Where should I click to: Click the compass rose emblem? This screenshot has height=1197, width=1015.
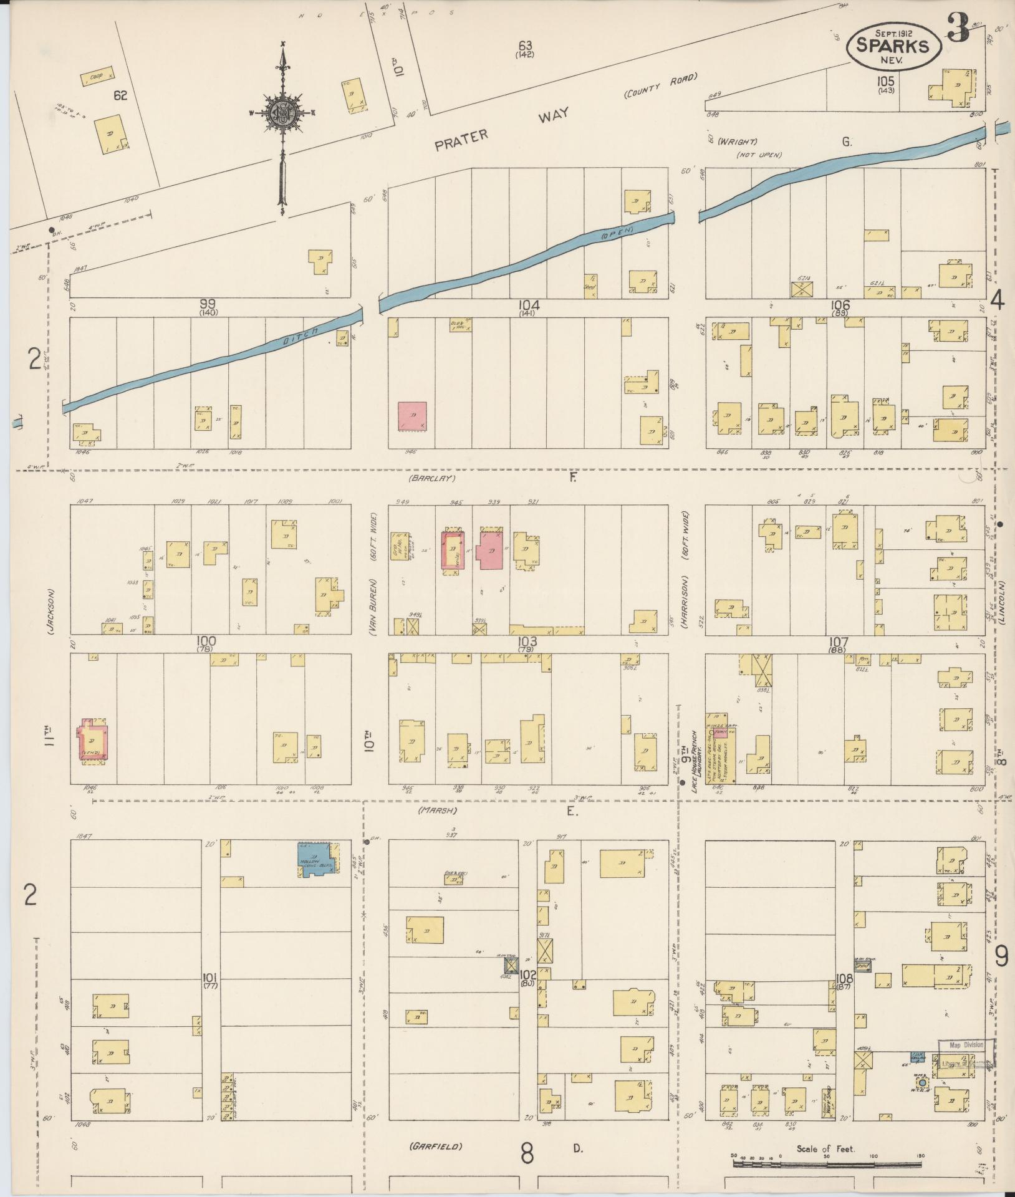(x=283, y=113)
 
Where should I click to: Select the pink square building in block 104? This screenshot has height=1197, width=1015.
(x=413, y=416)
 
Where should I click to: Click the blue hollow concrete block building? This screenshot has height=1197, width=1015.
(x=318, y=860)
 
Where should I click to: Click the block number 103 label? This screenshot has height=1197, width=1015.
(x=527, y=640)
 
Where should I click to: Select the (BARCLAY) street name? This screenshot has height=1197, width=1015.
(x=432, y=479)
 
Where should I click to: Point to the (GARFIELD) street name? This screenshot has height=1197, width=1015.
(x=436, y=1146)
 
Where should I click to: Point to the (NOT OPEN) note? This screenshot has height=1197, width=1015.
(x=758, y=155)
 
